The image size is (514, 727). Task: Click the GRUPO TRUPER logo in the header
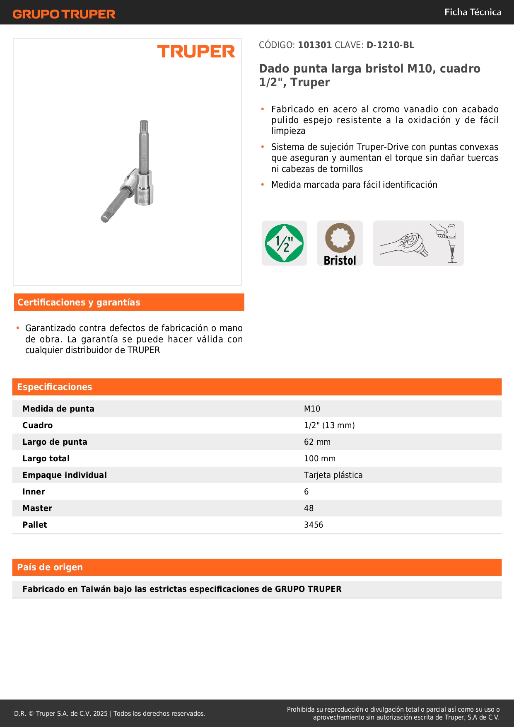[x=64, y=14]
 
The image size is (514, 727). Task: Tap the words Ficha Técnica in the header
[x=473, y=12]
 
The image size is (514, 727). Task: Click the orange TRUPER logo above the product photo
[x=196, y=51]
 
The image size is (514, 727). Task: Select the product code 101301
[x=315, y=45]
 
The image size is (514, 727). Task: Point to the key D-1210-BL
[x=390, y=45]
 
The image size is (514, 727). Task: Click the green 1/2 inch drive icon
[x=284, y=243]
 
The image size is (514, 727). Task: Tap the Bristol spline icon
[x=340, y=243]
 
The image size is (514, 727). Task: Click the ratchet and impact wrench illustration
[x=418, y=243]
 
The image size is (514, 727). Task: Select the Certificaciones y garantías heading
[x=79, y=303]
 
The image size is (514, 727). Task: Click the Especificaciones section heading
[x=55, y=387]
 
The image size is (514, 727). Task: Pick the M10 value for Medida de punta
[x=312, y=409]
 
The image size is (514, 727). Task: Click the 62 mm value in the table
[x=317, y=442]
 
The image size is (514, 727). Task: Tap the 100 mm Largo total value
[x=319, y=459]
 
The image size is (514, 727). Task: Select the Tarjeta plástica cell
[x=333, y=475]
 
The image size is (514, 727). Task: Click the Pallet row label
[x=35, y=525]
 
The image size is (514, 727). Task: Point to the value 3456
[x=313, y=525]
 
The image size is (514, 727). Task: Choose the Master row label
[x=37, y=509]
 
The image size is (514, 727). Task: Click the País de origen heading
[x=50, y=567]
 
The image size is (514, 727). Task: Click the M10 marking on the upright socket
[x=143, y=198]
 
